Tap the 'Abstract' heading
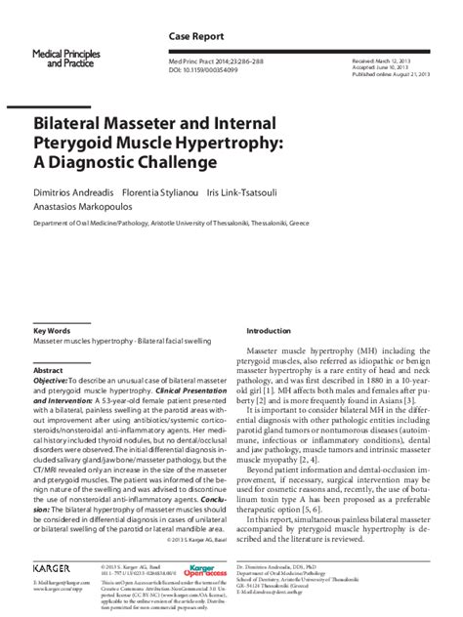49,372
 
